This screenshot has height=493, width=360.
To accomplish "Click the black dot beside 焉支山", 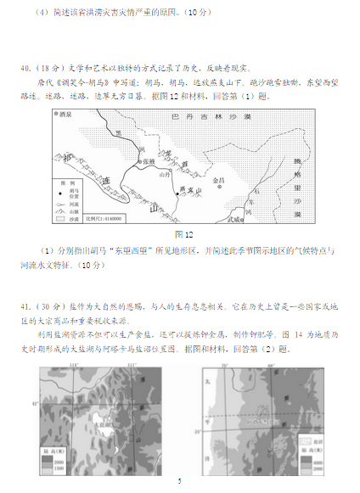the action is pyautogui.click(x=177, y=194).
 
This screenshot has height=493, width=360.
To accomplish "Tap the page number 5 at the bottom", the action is pyautogui.click(x=179, y=481).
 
